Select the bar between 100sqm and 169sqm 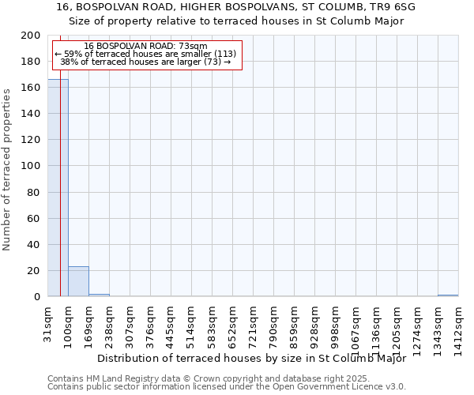coord(78,281)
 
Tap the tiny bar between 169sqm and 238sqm coord(99,295)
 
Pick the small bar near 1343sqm coord(448,295)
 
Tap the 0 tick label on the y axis coord(38,297)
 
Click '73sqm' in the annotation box coord(192,46)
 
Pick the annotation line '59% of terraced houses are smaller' coord(145,54)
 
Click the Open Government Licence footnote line coord(227,386)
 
